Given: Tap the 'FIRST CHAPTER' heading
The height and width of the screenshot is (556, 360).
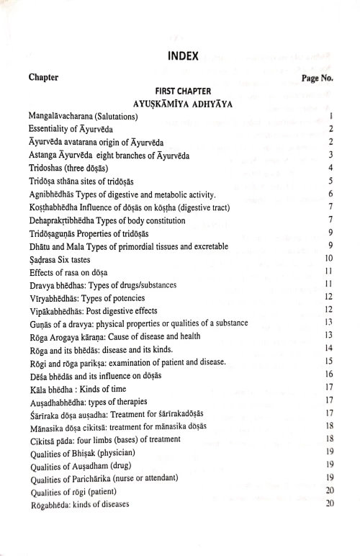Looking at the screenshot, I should click(x=183, y=91).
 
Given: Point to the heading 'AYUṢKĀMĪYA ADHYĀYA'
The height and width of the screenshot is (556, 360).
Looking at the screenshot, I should click(x=183, y=103).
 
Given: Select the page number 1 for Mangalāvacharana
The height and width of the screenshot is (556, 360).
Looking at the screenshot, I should click(x=330, y=116).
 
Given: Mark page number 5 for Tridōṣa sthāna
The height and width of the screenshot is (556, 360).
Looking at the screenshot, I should click(x=330, y=181).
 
